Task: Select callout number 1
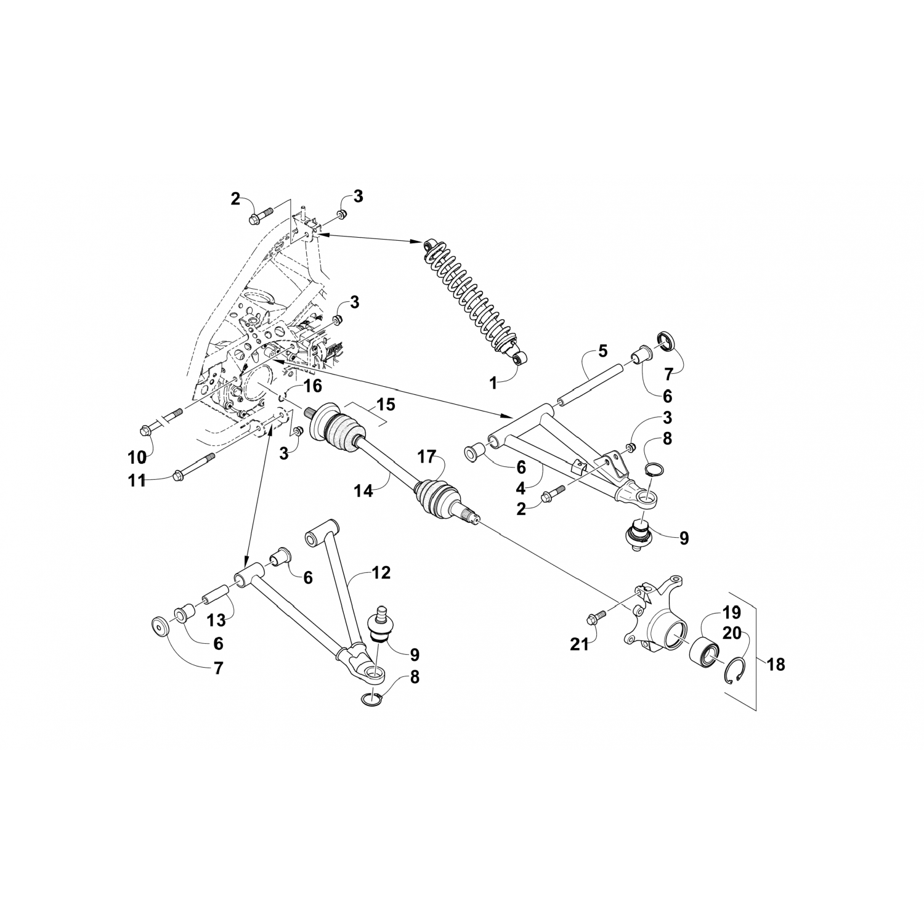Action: coord(493,383)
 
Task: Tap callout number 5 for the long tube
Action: coord(602,351)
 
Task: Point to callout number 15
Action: coord(386,405)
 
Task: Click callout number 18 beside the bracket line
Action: coord(777,665)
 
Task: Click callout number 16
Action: coord(313,386)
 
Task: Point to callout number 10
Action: coord(137,458)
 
